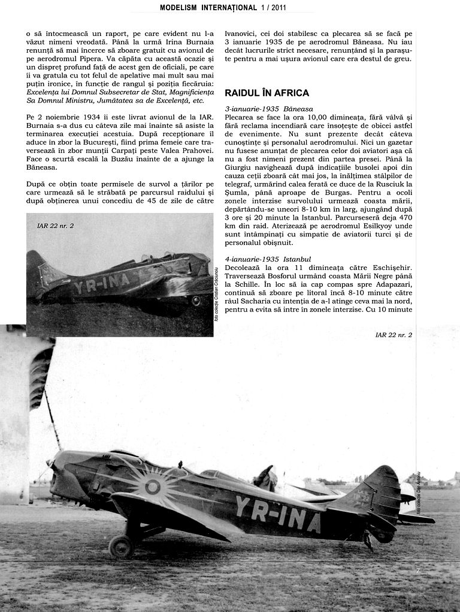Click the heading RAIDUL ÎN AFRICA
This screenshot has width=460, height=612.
click(267, 93)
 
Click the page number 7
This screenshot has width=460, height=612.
click(418, 571)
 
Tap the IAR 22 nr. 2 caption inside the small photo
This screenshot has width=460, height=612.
click(56, 226)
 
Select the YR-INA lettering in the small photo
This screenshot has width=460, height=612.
click(101, 284)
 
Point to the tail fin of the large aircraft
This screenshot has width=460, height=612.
click(377, 492)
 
